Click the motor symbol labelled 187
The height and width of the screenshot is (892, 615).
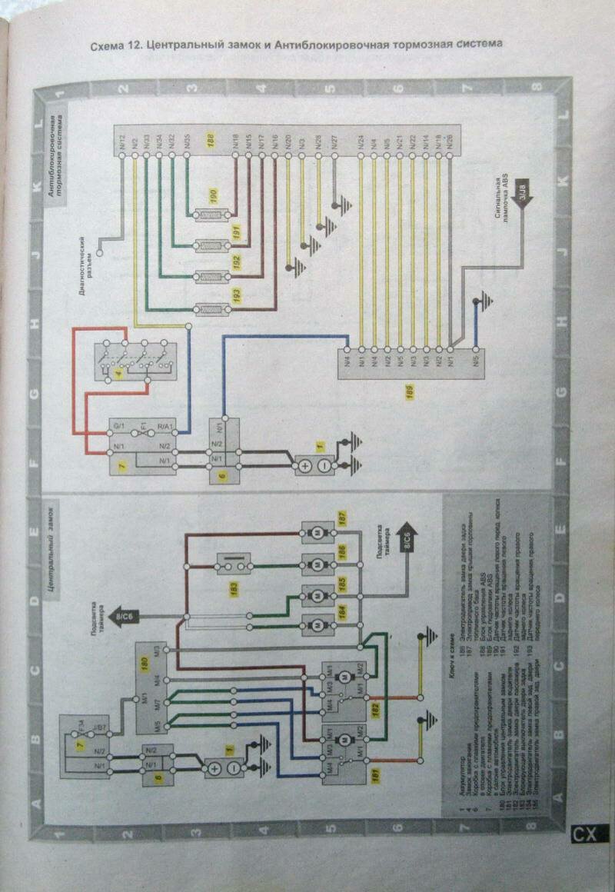(315, 532)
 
